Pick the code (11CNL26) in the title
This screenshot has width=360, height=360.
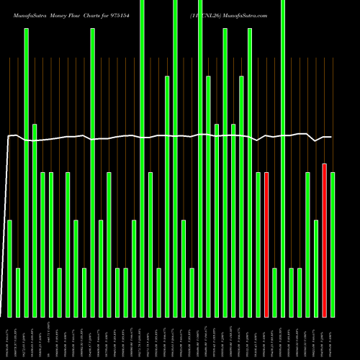pos(207,14)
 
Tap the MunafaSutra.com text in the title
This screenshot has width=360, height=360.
pos(247,14)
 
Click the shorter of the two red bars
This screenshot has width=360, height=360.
pos(266,245)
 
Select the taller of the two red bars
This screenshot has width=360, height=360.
pos(324,240)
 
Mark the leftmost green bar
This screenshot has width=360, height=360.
pos(9,269)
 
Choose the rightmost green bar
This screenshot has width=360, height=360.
pos(333,245)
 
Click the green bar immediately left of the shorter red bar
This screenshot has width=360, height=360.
pos(258,245)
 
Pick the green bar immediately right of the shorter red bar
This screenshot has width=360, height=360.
pos(275,292)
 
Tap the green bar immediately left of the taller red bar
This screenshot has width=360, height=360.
pos(316,269)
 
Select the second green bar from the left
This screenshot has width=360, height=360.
pos(18,292)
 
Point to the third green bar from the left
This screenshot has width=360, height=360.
pos(26,173)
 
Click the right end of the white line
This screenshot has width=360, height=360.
pos(331,137)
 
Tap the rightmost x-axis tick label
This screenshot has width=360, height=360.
pos(333,339)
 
